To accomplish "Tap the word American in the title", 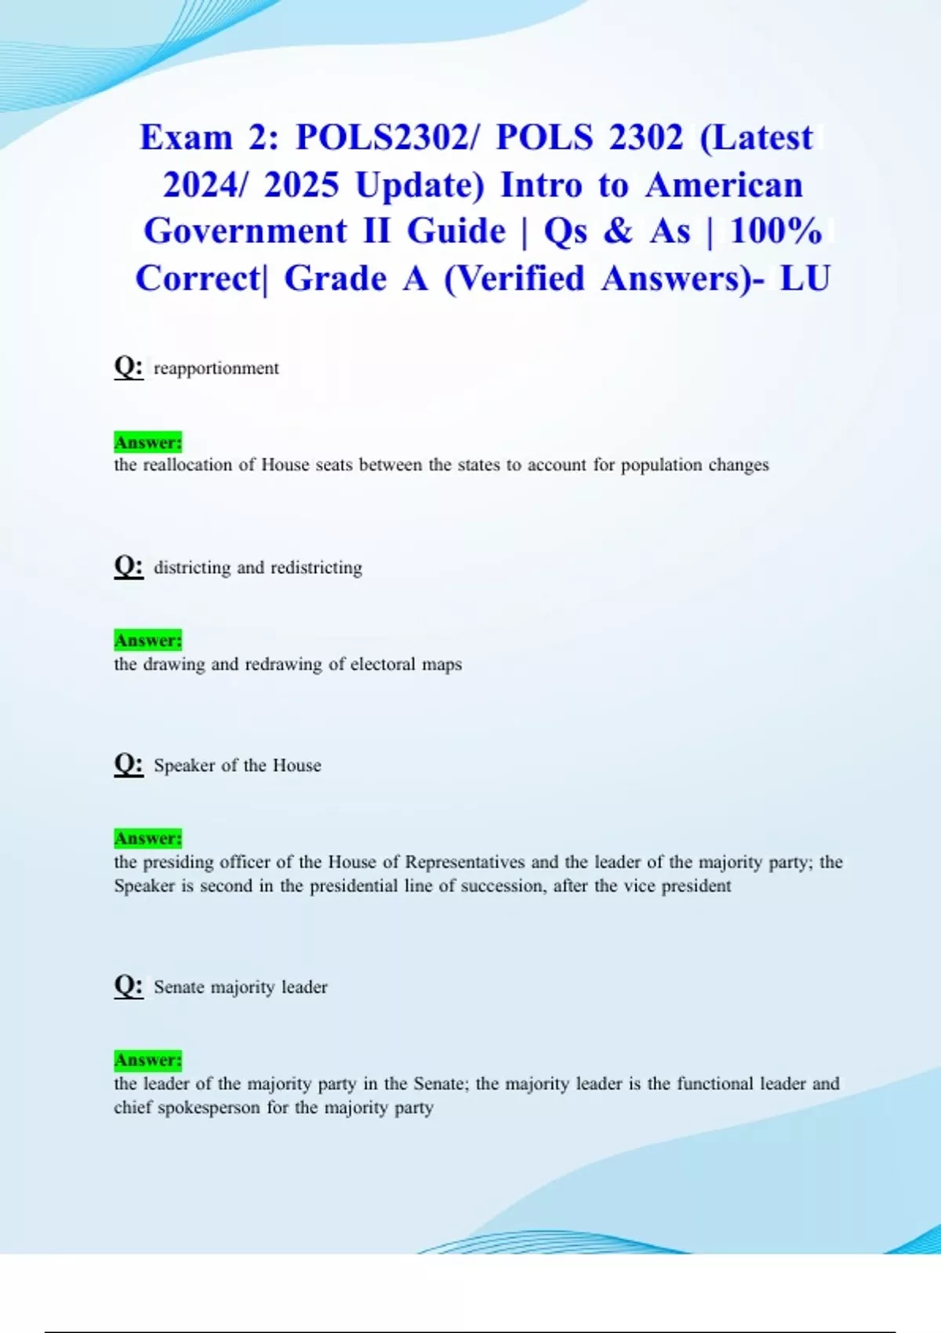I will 725,186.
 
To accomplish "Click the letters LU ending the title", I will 805,278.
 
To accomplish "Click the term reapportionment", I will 216,369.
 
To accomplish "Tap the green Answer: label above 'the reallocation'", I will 148,442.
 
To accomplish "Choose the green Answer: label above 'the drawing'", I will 148,641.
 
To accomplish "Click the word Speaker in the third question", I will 184,765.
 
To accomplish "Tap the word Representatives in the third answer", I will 464,862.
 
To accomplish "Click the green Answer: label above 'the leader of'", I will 148,1060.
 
